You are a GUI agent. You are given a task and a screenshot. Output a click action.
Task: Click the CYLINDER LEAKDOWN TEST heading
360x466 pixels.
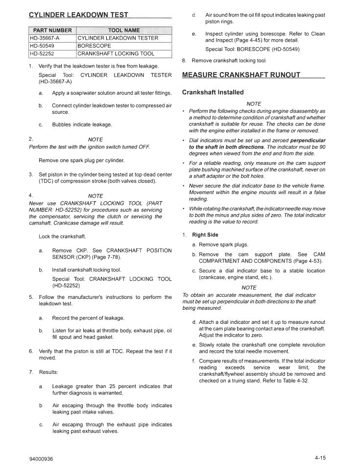pos(78,15)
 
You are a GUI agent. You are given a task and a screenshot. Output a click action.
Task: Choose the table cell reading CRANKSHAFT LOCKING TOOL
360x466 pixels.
pos(116,53)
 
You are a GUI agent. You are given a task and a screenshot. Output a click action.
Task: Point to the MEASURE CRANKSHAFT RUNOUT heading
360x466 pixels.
pos(241,75)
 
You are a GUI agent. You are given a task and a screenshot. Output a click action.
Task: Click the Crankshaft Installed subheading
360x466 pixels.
pos(213,92)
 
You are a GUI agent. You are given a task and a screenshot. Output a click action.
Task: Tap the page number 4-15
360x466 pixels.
pos(321,458)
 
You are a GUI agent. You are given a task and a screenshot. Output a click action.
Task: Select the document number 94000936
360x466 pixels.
pos(41,459)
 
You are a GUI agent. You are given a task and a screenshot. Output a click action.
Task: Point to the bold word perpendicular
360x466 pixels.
pos(308,140)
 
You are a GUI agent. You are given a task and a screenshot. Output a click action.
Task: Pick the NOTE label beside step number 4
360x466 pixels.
pos(96,196)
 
